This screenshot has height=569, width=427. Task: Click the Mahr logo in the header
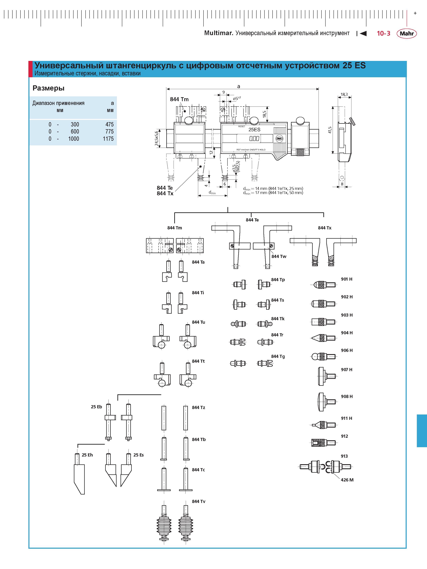tap(407, 33)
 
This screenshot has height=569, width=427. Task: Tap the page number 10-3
tap(383, 33)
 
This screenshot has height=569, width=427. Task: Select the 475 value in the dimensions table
tap(109, 125)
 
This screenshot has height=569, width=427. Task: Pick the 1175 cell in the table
tap(108, 139)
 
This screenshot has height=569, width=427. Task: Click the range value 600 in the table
tap(75, 132)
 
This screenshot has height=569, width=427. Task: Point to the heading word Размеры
tap(48, 88)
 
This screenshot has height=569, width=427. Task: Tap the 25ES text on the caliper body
tap(254, 130)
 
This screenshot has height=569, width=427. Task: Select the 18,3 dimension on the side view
tap(344, 94)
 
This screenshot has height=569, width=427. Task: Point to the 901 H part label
tap(347, 279)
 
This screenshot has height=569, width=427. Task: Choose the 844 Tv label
tap(199, 501)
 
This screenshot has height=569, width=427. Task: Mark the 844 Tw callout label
tap(279, 257)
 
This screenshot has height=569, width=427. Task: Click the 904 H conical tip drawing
tap(323, 338)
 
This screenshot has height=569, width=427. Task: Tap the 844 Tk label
tap(278, 319)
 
